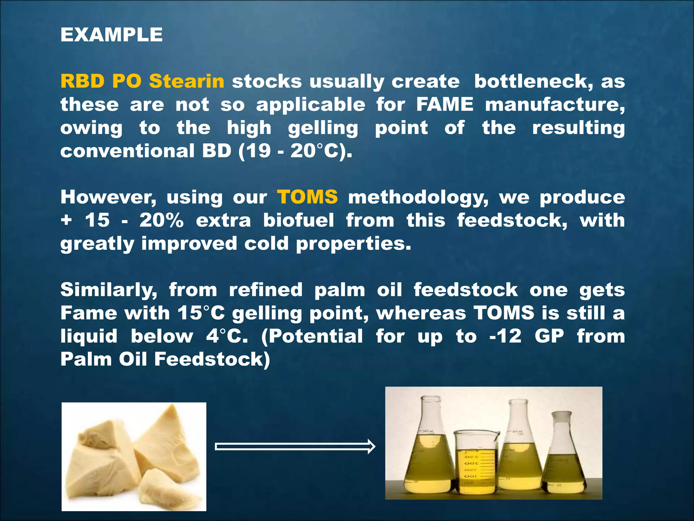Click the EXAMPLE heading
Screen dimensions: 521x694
[111, 35]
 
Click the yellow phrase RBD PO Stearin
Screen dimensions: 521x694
[142, 81]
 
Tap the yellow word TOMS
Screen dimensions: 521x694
[307, 197]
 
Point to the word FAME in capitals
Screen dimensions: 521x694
[445, 104]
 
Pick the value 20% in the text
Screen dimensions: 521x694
[161, 220]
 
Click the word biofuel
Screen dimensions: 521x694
[299, 220]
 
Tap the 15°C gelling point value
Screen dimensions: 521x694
[201, 313]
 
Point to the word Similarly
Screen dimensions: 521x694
[109, 290]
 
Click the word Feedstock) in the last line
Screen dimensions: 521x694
[212, 359]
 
